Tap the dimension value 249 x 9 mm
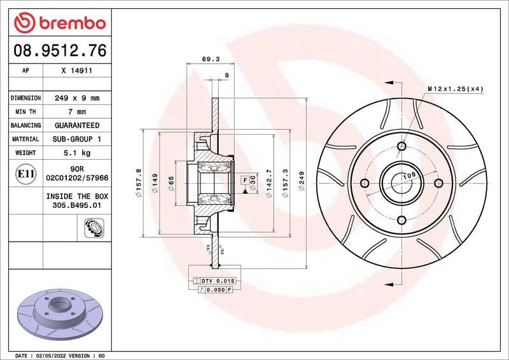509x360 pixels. [76, 99]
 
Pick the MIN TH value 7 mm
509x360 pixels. [76, 112]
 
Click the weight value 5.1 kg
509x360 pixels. [76, 153]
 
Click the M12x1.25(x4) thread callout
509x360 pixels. [455, 88]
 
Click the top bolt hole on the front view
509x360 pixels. [401, 147]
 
